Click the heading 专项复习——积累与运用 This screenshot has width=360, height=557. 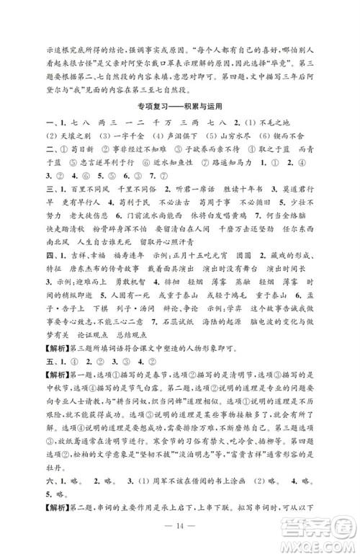(179, 105)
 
